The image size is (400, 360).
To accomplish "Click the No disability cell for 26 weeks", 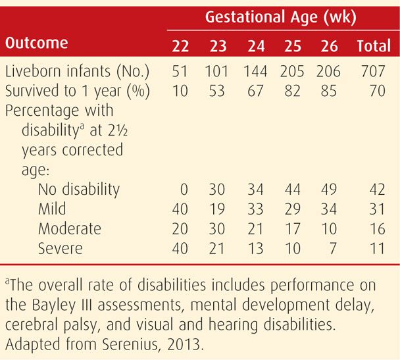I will (327, 190).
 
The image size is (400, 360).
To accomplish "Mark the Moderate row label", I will (69, 228).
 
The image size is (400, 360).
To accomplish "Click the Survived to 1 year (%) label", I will (78, 91).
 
